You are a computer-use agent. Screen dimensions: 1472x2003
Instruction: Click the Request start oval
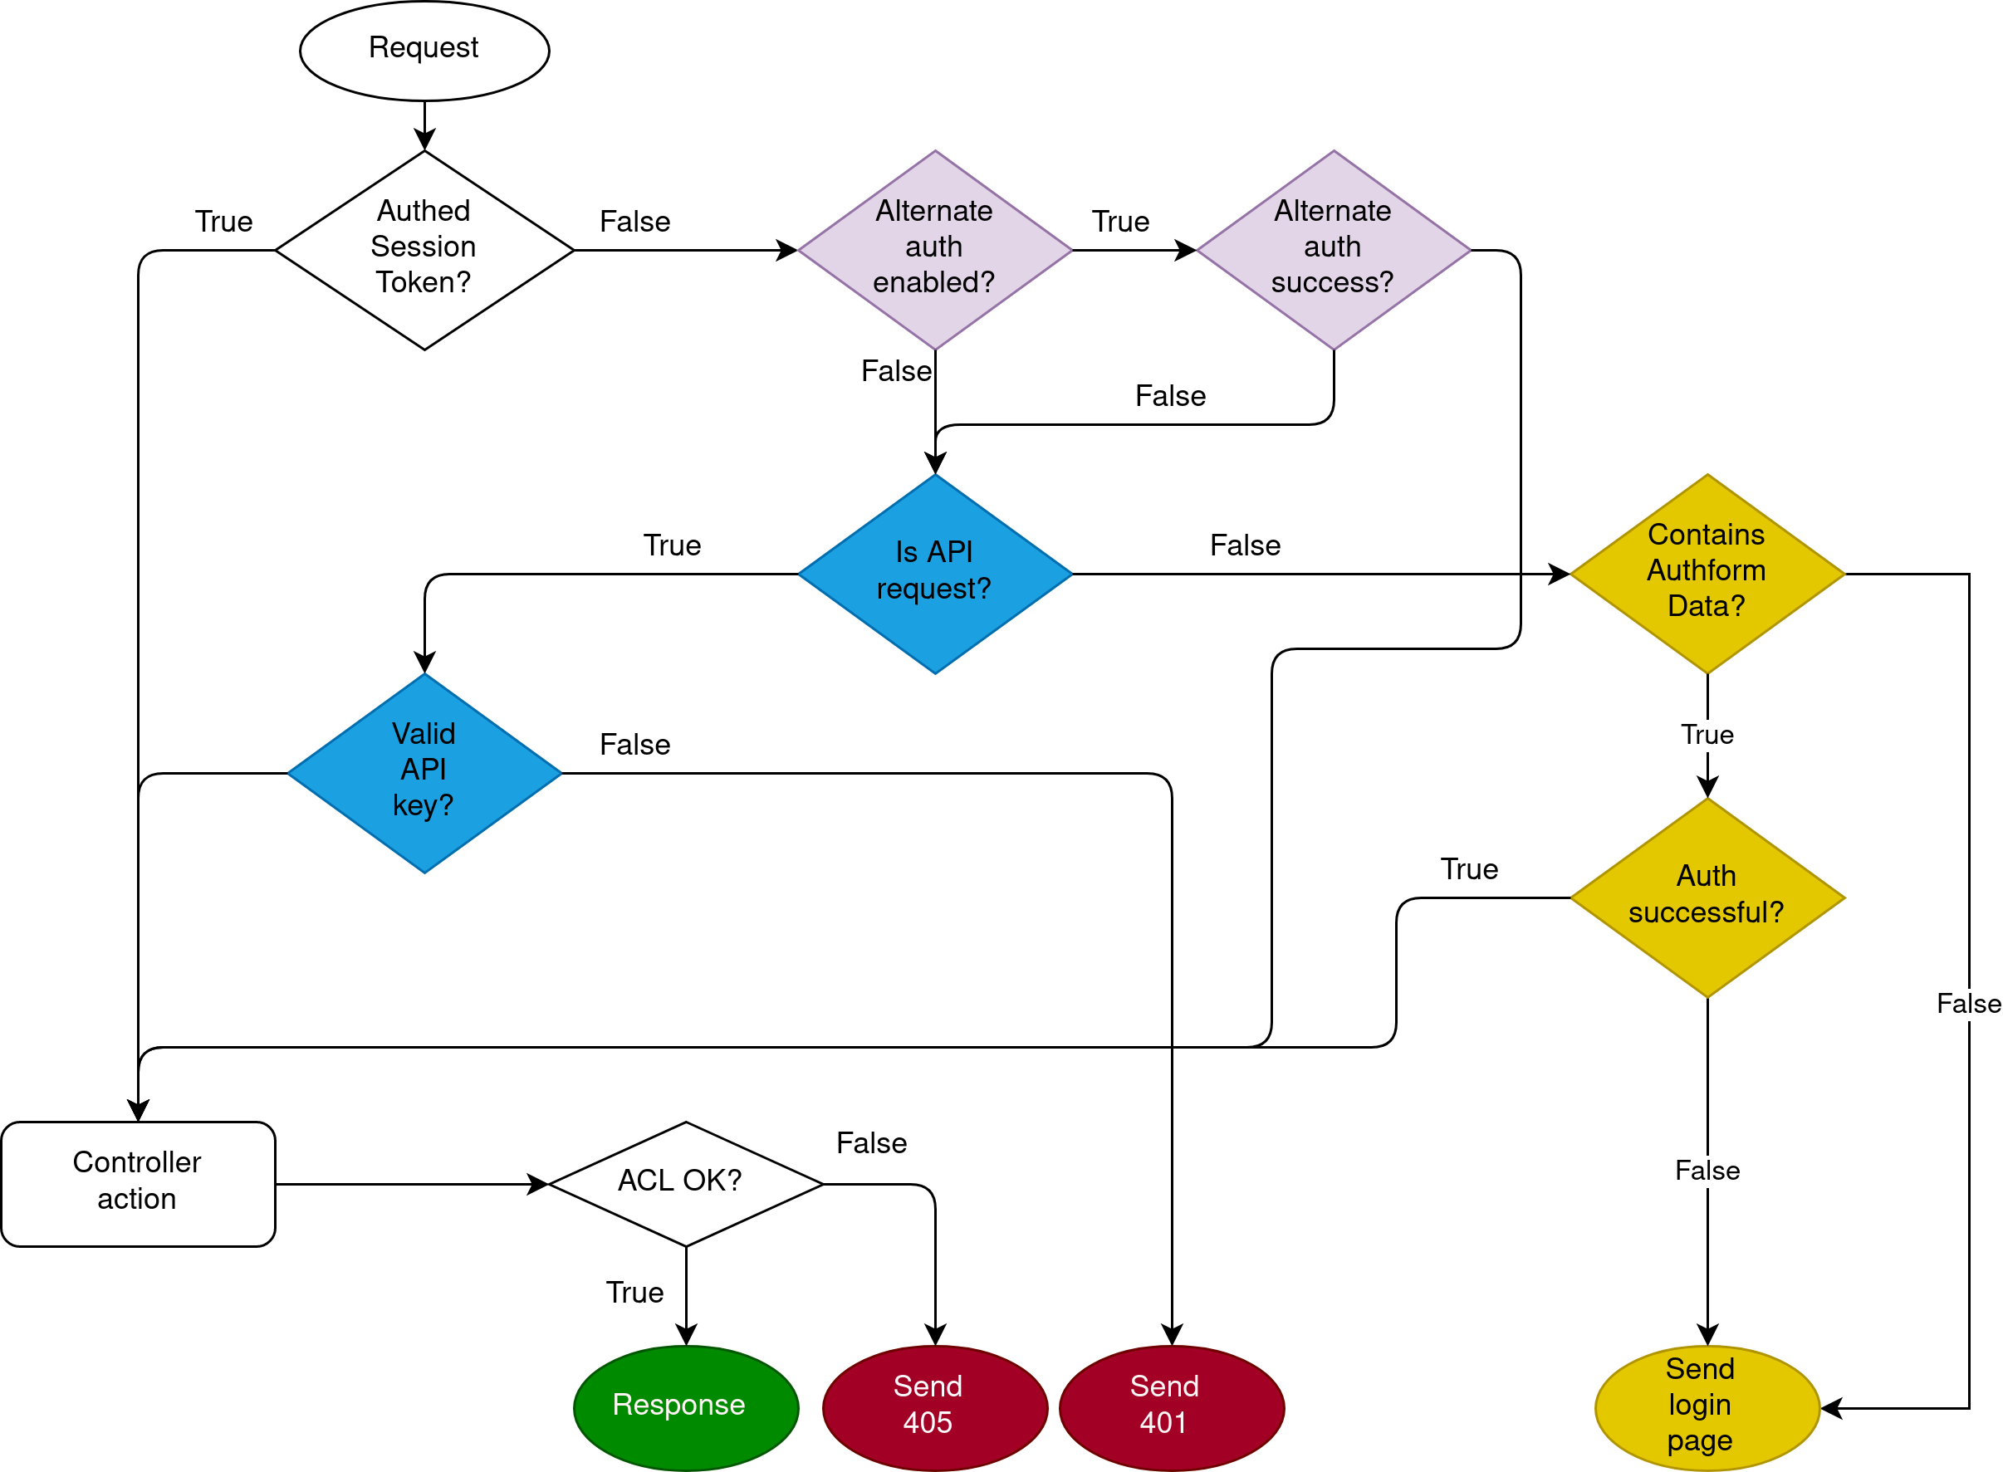point(424,50)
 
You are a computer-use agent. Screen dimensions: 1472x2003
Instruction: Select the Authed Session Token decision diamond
point(424,250)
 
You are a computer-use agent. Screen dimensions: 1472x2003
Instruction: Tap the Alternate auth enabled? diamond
point(935,250)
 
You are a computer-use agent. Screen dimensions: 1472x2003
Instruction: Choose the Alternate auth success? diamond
point(1333,250)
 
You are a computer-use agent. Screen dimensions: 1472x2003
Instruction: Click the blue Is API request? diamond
point(935,573)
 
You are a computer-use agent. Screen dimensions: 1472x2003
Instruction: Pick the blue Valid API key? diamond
point(424,773)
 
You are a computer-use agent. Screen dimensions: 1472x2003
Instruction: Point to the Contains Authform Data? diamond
point(1707,573)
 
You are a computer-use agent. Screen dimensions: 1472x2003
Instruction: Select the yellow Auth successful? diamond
point(1707,897)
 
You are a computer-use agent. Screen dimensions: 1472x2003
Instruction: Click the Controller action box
point(138,1183)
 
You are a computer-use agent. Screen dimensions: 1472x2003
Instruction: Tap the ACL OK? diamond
point(685,1183)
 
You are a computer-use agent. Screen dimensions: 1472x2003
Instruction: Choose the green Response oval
point(685,1407)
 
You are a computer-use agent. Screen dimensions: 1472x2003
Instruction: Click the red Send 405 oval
point(935,1407)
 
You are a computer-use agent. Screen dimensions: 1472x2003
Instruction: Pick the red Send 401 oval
point(1171,1407)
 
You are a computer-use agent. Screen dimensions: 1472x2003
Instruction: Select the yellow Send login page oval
point(1707,1407)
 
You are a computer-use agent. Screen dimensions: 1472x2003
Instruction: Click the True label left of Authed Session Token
point(223,221)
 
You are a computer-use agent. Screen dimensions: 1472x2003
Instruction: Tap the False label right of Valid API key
point(634,744)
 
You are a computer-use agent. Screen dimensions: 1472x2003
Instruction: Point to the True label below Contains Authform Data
point(1707,734)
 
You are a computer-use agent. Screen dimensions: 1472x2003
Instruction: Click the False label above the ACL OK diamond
point(871,1142)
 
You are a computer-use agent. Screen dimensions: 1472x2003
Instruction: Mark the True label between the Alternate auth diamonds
point(1120,221)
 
